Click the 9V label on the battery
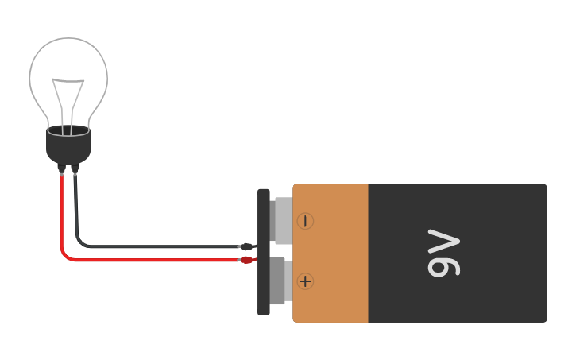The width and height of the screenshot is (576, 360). pyautogui.click(x=443, y=254)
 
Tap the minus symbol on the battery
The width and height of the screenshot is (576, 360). pyautogui.click(x=305, y=221)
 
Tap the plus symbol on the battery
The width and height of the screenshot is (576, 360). pyautogui.click(x=305, y=281)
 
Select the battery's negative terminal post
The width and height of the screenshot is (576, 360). pyautogui.click(x=282, y=221)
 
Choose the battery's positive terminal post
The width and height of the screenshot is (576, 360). pyautogui.click(x=278, y=281)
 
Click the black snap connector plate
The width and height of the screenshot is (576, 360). pyautogui.click(x=263, y=251)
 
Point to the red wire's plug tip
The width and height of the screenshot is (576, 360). pyautogui.click(x=248, y=259)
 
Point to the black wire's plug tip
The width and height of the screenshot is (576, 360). pyautogui.click(x=247, y=246)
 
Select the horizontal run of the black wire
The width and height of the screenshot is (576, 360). pyautogui.click(x=159, y=246)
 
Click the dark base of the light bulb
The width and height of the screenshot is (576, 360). pyautogui.click(x=68, y=145)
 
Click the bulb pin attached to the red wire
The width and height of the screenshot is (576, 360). pyautogui.click(x=62, y=168)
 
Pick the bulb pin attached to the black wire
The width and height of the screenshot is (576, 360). pyautogui.click(x=75, y=168)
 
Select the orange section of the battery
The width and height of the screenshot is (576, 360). pyautogui.click(x=331, y=253)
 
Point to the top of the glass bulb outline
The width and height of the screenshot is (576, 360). pyautogui.click(x=68, y=38)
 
